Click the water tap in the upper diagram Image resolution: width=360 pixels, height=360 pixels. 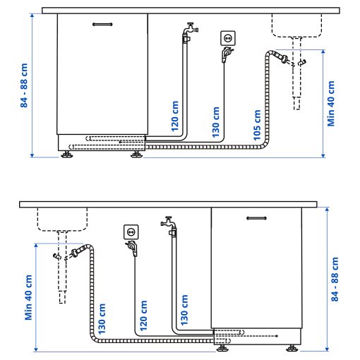click(x=189, y=30)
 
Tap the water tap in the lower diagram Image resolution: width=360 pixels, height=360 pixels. click(x=169, y=224)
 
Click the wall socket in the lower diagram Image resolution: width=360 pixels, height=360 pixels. click(x=130, y=230)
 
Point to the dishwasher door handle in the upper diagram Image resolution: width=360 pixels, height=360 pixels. click(x=102, y=23)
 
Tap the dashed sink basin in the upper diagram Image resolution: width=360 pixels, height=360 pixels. click(x=296, y=25)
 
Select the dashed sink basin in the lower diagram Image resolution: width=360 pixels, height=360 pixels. click(x=62, y=220)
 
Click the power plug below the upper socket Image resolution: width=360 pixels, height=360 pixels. click(x=225, y=54)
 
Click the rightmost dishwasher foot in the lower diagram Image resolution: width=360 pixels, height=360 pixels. click(x=292, y=347)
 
